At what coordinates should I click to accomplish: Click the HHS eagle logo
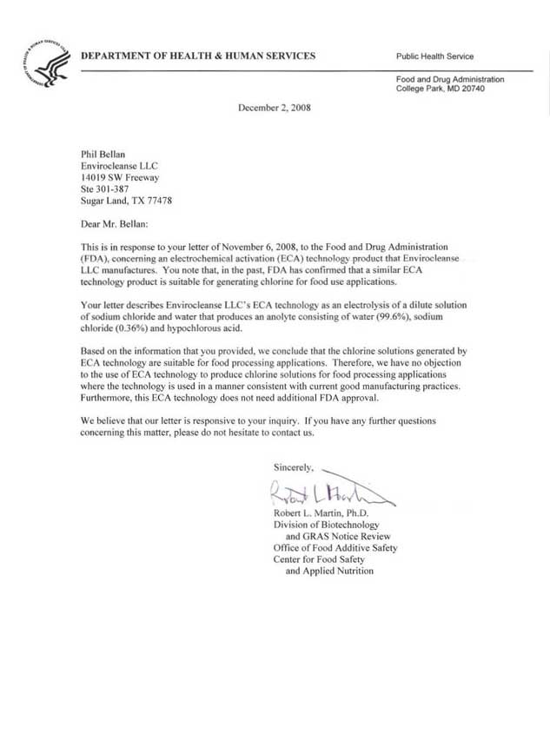pos(44,64)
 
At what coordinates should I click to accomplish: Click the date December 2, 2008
pos(274,109)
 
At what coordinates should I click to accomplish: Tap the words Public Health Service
pos(434,56)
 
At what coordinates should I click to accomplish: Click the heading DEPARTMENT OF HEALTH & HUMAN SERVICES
pos(198,56)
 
